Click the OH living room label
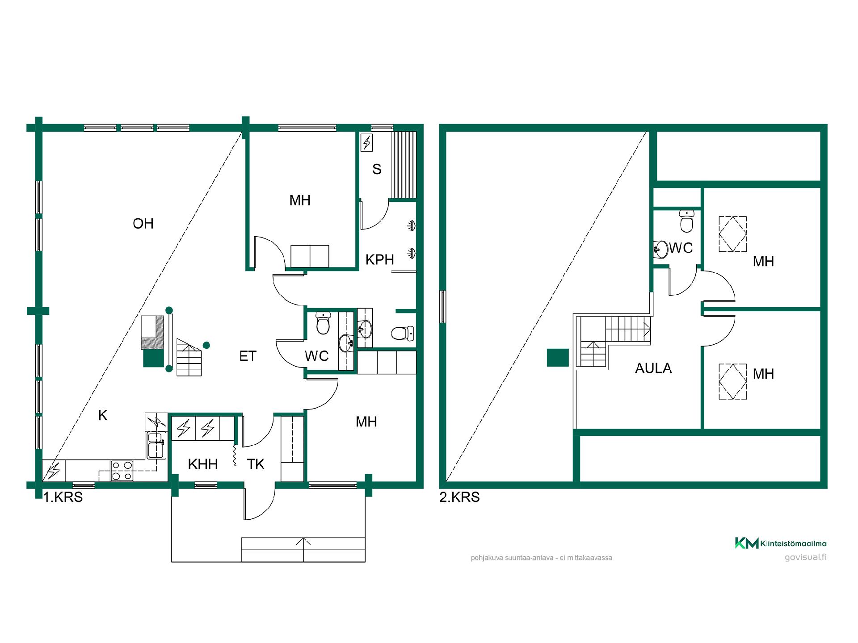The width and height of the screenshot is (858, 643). tap(143, 223)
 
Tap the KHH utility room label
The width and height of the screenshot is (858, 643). tap(203, 464)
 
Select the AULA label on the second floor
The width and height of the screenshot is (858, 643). tap(653, 368)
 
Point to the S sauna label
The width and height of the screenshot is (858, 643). tap(377, 169)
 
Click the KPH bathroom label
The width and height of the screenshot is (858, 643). tap(380, 259)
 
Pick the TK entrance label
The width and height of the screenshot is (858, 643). tap(256, 464)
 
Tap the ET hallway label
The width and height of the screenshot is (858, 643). tap(248, 356)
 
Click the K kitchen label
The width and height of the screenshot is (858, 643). tap(103, 416)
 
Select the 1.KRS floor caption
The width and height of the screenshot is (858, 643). tap(63, 497)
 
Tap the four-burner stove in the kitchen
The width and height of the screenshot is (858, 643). tap(122, 471)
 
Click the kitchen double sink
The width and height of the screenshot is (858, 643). tap(156, 445)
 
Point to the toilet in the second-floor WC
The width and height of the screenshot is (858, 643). tap(687, 221)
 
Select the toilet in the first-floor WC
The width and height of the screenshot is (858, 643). tap(323, 323)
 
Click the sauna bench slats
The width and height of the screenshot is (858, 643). tap(404, 165)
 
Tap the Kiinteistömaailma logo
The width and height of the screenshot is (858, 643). tap(781, 543)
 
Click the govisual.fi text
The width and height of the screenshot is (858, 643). tap(806, 557)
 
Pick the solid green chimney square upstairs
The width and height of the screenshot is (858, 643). tap(558, 358)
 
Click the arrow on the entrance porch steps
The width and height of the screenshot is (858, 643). tap(303, 549)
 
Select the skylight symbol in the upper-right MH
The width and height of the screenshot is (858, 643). tap(732, 234)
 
